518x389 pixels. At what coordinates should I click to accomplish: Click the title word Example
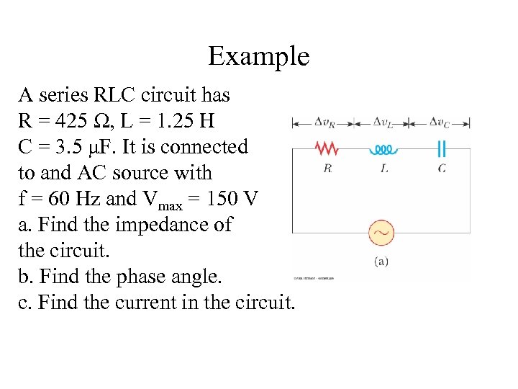(258, 56)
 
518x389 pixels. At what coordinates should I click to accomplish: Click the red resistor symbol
(327, 148)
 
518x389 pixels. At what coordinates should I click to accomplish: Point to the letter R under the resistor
(327, 169)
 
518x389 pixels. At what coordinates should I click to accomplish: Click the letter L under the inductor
(384, 169)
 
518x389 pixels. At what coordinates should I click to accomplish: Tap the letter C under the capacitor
(442, 169)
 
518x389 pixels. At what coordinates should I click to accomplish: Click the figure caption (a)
(381, 261)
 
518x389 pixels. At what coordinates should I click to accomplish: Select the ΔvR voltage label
(327, 122)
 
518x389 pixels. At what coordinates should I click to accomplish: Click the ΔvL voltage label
(383, 122)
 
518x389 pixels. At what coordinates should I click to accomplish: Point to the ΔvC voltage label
(440, 122)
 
